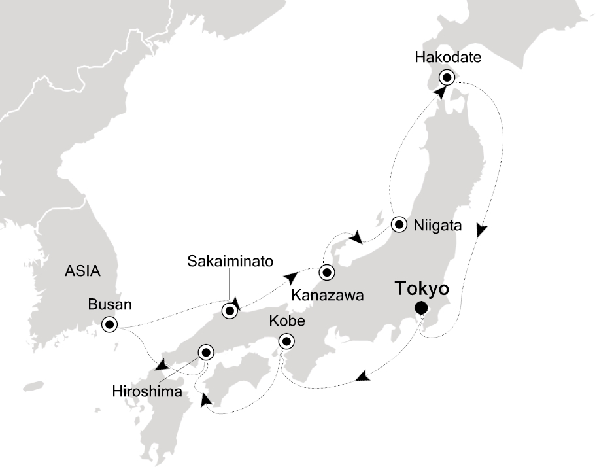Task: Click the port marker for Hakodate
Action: (x=447, y=77)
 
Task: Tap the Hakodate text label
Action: (x=448, y=58)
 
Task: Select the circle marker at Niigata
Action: (x=399, y=225)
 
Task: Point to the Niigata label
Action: (x=437, y=226)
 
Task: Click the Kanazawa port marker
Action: (x=326, y=272)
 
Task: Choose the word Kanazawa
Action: (x=327, y=296)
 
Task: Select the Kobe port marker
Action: (x=286, y=341)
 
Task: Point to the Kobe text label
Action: (x=285, y=322)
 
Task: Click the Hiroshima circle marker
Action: (x=206, y=352)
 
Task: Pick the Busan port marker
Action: (x=109, y=324)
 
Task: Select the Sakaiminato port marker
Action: (x=229, y=311)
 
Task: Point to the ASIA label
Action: (x=83, y=270)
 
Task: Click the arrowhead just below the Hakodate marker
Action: (x=442, y=93)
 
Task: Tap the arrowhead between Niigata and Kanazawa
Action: (x=356, y=237)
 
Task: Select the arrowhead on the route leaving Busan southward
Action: (x=160, y=364)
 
